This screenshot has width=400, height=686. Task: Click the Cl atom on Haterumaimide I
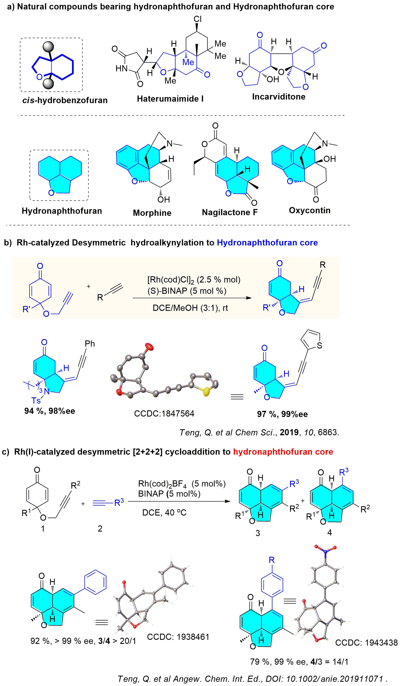(x=198, y=19)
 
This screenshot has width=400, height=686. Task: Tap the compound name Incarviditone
(x=279, y=97)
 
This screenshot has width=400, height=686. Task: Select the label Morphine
(x=152, y=213)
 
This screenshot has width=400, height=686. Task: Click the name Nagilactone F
(x=230, y=212)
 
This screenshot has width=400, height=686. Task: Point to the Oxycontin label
(x=310, y=211)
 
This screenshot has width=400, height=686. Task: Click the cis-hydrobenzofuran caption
(x=65, y=100)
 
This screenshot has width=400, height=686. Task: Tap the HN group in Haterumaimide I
(x=121, y=68)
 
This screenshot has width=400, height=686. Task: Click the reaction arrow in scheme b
(x=192, y=298)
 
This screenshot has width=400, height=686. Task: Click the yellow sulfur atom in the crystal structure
(x=207, y=392)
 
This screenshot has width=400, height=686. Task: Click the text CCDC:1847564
(x=164, y=414)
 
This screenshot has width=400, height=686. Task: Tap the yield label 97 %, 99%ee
(x=282, y=414)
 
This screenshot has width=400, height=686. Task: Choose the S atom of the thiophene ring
(x=320, y=345)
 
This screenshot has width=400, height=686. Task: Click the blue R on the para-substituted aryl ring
(x=271, y=560)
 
